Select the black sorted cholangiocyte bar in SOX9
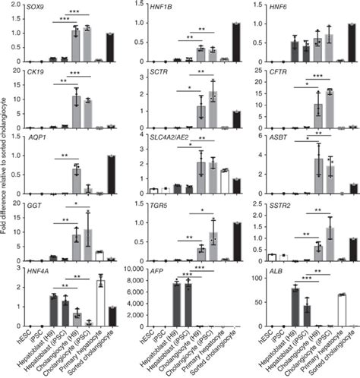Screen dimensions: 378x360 112,47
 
